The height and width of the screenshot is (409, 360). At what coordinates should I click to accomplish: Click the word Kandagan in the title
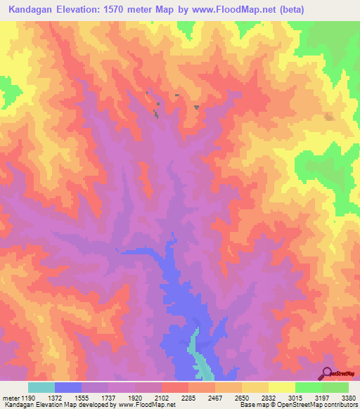click(x=33, y=11)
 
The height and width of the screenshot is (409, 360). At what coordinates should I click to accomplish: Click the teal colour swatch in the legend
click(x=41, y=387)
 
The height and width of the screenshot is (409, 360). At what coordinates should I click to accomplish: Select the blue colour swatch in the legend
click(x=68, y=387)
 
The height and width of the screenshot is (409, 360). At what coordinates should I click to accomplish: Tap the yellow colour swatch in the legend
click(x=282, y=387)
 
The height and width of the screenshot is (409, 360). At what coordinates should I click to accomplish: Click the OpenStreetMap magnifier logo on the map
click(x=328, y=373)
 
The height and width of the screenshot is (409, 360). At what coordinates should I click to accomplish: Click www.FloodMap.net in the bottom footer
click(x=146, y=405)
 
